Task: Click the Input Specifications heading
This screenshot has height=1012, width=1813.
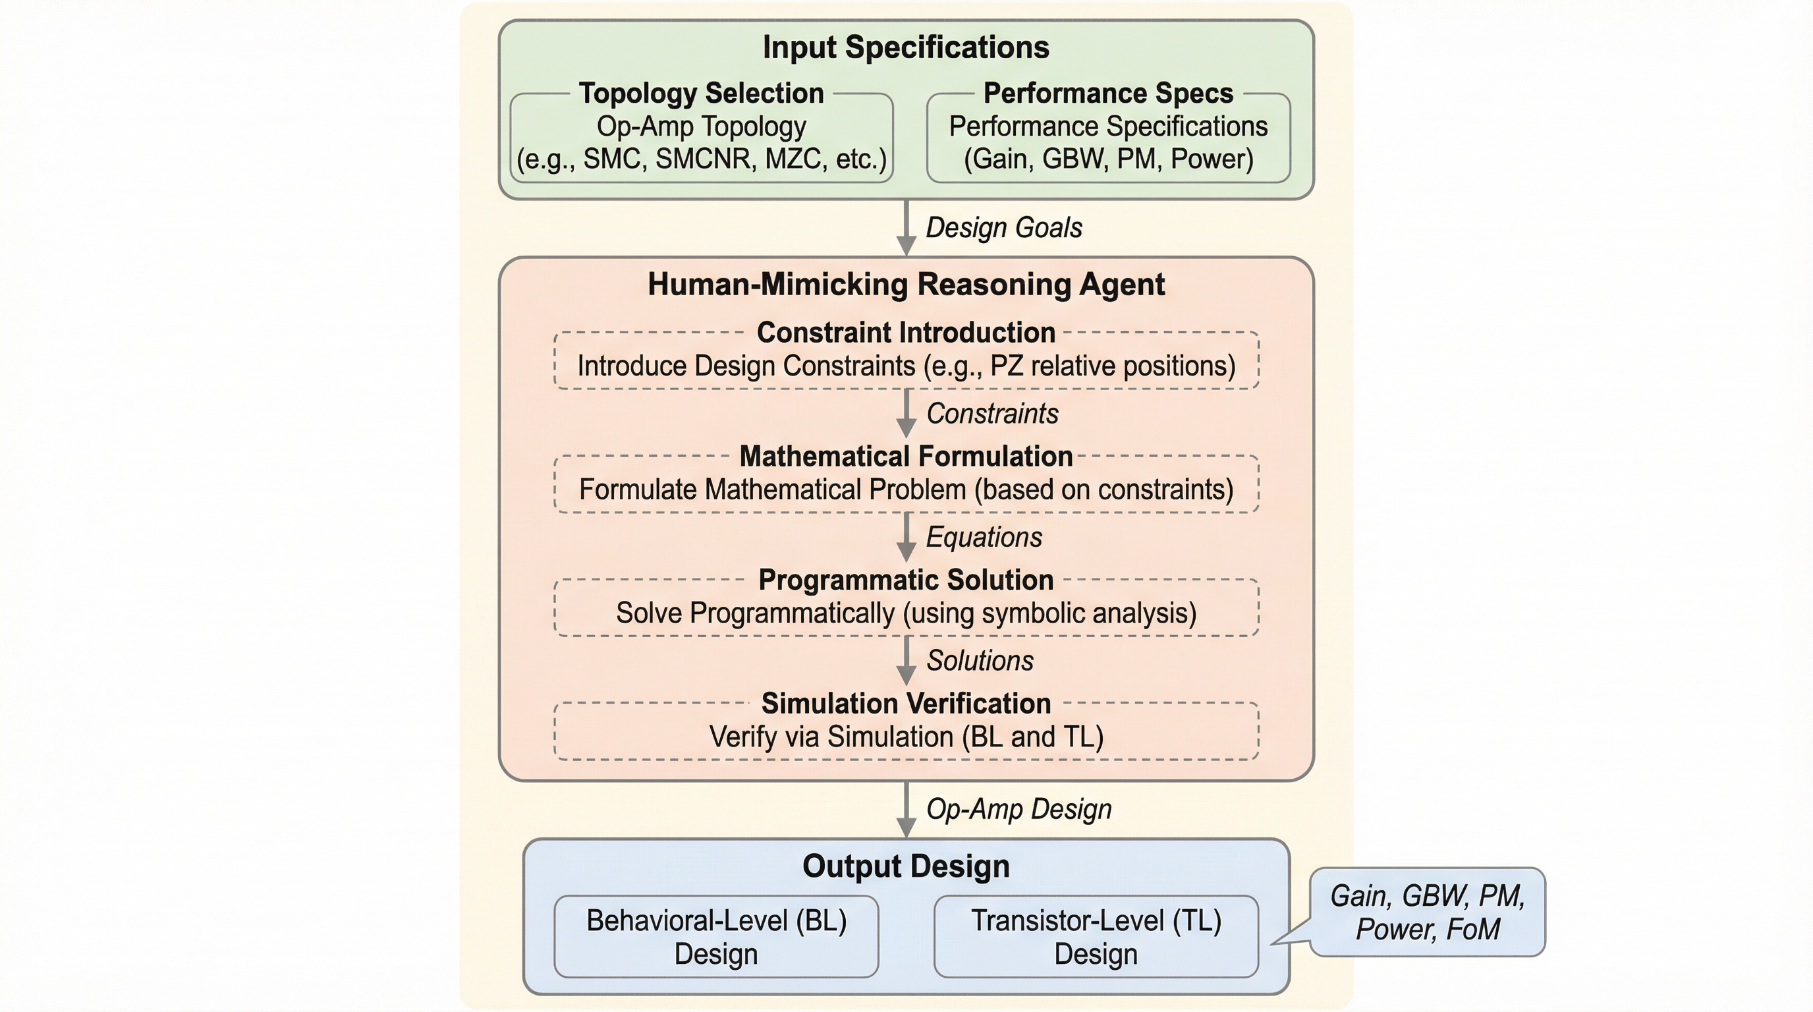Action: point(906,48)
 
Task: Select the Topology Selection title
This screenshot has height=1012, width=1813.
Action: point(701,94)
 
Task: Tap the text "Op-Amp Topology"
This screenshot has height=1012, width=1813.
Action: point(701,126)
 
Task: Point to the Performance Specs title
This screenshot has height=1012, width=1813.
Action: point(1108,94)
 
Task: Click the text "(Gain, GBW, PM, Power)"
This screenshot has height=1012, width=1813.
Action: point(1108,159)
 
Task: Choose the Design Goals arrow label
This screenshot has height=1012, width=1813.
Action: point(1003,228)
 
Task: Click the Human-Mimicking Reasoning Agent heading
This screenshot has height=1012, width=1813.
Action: point(906,285)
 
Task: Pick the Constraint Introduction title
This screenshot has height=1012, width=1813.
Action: point(906,333)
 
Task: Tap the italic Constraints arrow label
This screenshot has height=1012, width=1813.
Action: point(991,414)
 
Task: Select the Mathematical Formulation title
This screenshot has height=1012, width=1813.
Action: point(906,457)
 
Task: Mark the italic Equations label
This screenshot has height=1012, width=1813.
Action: point(983,538)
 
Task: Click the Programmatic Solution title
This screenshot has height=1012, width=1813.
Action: point(906,580)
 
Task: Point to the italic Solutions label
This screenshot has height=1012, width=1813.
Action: point(980,661)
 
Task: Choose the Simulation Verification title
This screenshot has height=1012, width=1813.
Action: point(906,704)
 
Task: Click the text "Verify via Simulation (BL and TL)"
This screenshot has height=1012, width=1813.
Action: point(906,737)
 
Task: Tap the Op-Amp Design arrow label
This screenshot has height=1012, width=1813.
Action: point(1018,809)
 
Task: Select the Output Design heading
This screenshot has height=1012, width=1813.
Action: point(906,866)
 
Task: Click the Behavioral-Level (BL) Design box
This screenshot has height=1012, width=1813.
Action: point(715,938)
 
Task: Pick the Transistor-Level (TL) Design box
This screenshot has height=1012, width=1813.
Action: point(1096,938)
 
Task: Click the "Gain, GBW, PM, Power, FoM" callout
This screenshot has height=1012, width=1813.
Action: point(1428,913)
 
